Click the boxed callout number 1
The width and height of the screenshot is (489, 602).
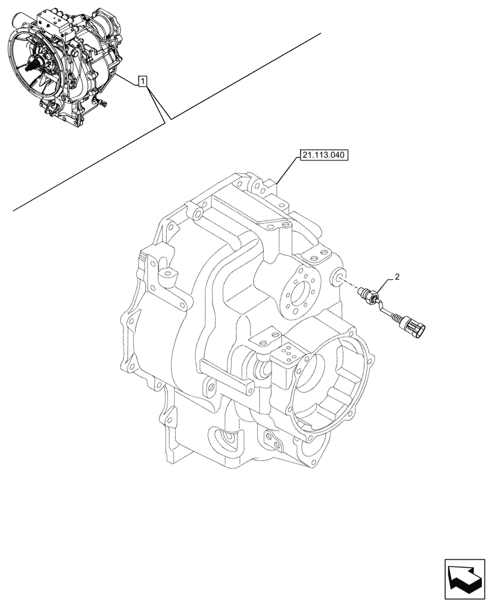click(142, 80)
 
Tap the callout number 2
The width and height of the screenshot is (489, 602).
click(397, 277)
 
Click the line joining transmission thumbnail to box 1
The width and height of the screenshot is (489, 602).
click(126, 80)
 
